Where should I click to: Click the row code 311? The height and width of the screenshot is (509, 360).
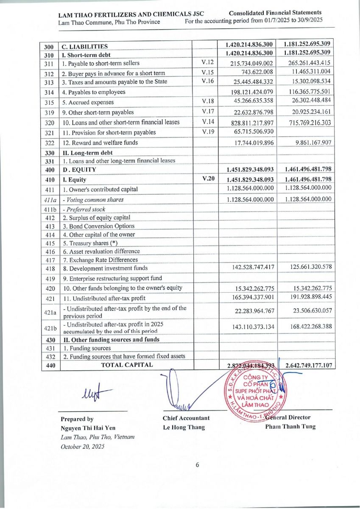click(x=50, y=64)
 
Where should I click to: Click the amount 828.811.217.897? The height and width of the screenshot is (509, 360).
click(x=252, y=123)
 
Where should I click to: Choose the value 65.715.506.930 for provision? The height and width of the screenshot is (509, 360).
click(x=252, y=132)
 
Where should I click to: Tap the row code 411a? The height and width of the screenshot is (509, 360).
click(x=50, y=200)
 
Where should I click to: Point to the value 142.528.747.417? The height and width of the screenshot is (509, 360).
click(x=252, y=267)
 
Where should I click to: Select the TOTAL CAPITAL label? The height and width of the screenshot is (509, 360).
click(x=126, y=365)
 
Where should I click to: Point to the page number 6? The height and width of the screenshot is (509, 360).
click(x=197, y=465)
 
